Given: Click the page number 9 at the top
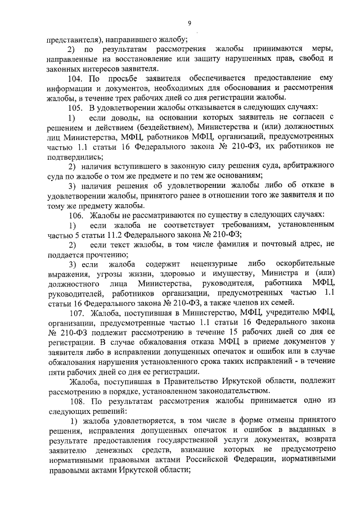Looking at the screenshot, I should pyautogui.click(x=190, y=22).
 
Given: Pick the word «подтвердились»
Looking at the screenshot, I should pyautogui.click(x=70, y=156).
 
